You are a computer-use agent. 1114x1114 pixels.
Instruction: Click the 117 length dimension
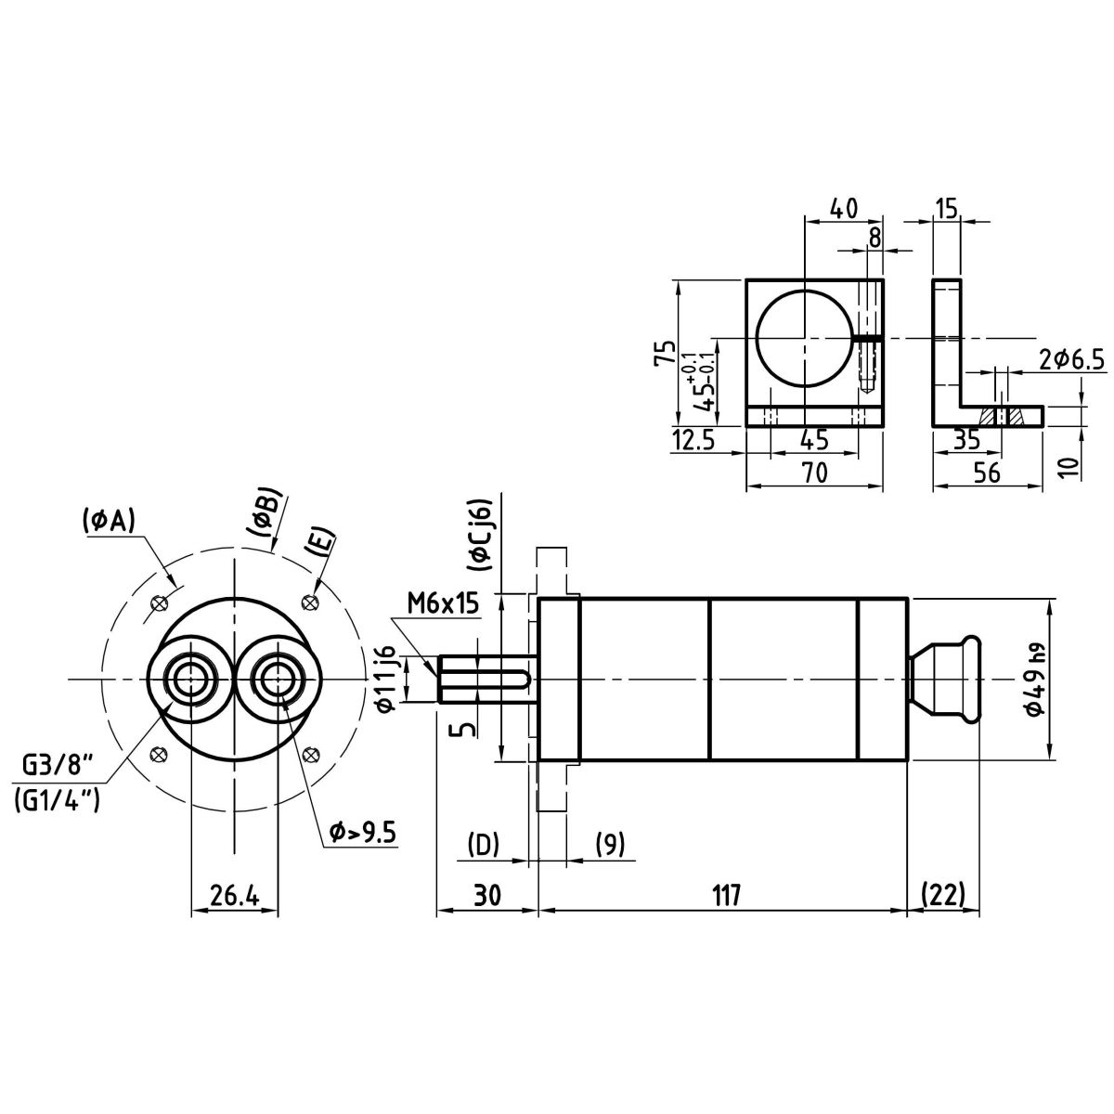pos(727,895)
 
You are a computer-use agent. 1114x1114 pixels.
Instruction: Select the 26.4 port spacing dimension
pos(233,896)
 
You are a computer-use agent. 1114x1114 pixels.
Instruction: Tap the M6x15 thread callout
pos(442,604)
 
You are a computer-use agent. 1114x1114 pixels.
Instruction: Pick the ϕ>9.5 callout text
pos(363,833)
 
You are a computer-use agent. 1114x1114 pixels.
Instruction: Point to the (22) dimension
pos(944,895)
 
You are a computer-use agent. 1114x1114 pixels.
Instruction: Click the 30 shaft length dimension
pos(486,895)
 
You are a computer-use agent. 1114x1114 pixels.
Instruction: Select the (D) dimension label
pos(483,845)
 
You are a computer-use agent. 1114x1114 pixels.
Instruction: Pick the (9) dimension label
pos(609,845)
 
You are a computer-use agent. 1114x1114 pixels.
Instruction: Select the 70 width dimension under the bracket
pos(814,473)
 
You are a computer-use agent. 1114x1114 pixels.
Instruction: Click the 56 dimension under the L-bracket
pos(987,473)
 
